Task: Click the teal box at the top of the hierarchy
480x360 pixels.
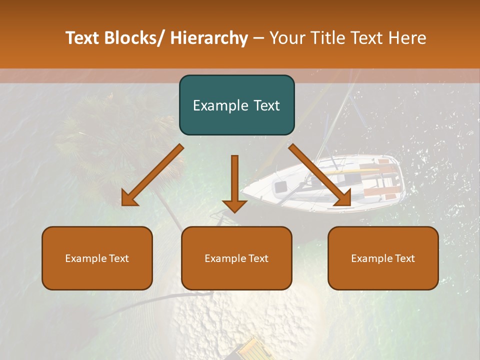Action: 236,105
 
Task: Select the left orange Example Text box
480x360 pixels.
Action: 97,258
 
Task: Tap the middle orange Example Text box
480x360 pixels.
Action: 236,258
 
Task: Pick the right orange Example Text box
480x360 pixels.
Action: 383,258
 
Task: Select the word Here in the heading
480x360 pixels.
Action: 407,38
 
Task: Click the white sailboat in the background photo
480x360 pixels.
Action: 330,185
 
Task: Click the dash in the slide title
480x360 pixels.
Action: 258,38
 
